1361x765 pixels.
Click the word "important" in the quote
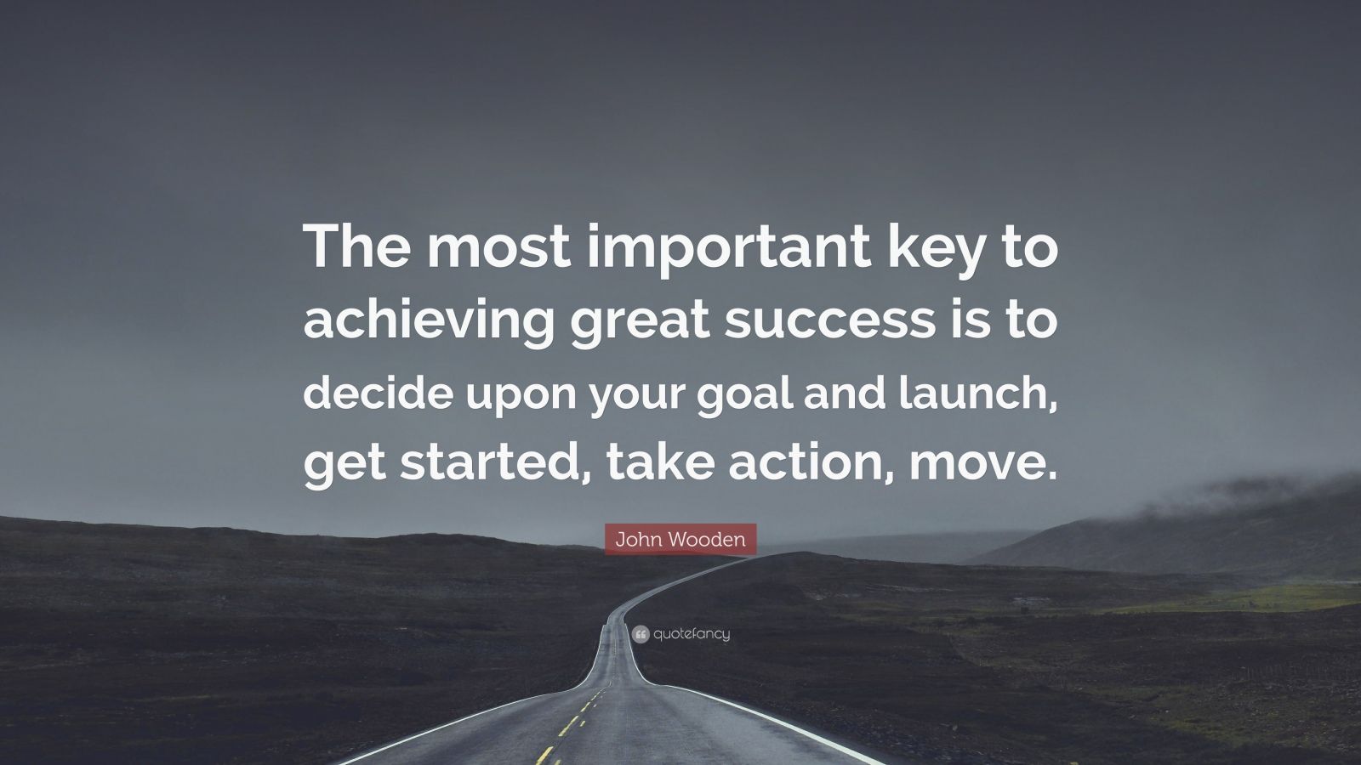(729, 249)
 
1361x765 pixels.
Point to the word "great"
(640, 322)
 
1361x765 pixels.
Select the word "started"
(489, 462)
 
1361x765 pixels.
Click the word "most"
(498, 250)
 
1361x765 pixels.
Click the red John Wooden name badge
(680, 539)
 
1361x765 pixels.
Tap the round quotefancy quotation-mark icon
(641, 634)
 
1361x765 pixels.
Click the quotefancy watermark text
(692, 634)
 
